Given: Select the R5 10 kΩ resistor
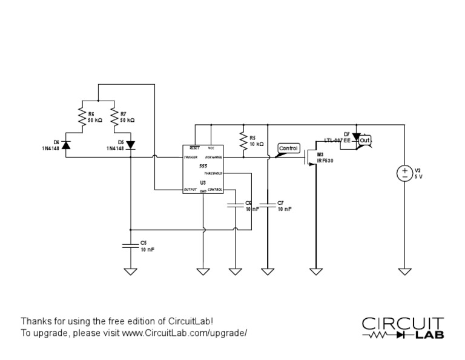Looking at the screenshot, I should (242, 141).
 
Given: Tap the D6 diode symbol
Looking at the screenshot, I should (65, 144).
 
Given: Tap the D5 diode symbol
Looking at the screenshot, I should (130, 144).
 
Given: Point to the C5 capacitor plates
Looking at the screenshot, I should (130, 245).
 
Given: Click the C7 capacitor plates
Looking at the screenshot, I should (267, 205).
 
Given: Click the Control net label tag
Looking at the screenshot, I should (288, 148).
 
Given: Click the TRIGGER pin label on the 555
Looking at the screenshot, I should (192, 158).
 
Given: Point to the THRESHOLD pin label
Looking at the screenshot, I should (213, 173).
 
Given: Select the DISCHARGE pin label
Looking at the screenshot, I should (214, 158).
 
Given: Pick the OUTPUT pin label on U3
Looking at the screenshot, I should (191, 190).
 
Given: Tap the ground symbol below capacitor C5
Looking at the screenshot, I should (130, 271).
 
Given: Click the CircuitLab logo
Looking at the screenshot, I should (403, 327).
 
